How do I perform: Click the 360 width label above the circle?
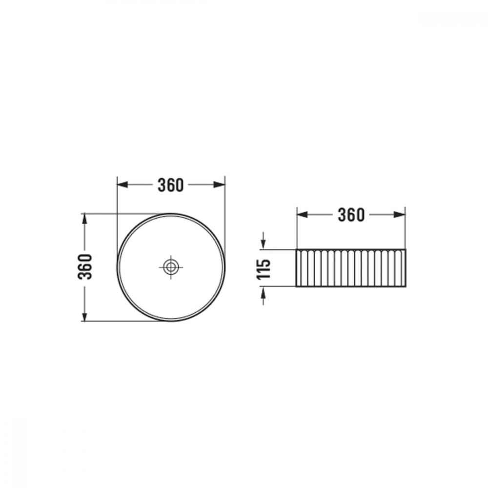coord(170,185)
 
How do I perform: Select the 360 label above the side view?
coord(351,215)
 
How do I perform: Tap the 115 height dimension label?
coord(264,269)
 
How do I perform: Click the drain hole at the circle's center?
coord(170,267)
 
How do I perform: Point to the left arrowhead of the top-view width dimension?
coord(122,184)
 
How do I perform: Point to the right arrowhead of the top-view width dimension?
coord(219,184)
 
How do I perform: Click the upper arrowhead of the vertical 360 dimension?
coord(84,219)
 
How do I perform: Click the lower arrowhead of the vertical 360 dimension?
coord(84,316)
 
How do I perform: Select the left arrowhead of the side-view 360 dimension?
coord(302,214)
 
